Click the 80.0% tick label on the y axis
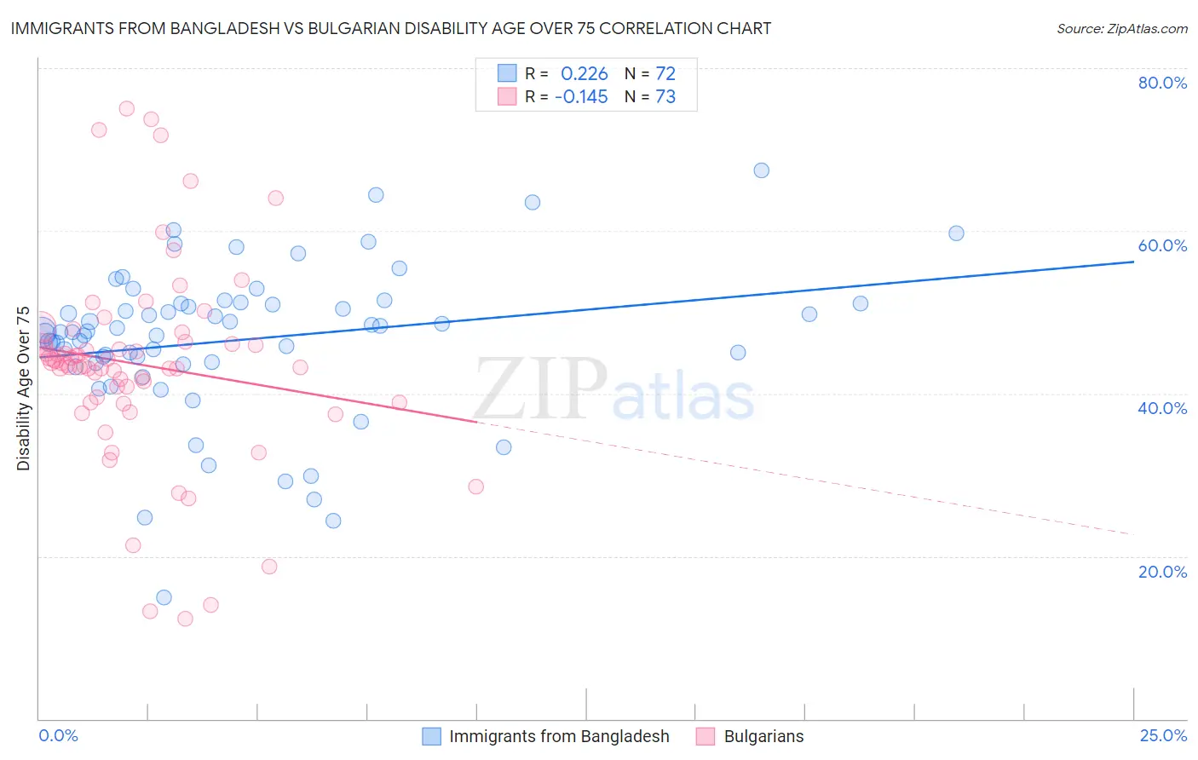pyautogui.click(x=1162, y=83)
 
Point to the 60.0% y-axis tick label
pyautogui.click(x=1162, y=245)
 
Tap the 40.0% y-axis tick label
pyautogui.click(x=1162, y=408)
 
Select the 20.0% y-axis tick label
pyautogui.click(x=1162, y=572)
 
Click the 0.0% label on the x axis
pyautogui.click(x=58, y=736)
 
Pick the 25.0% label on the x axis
pyautogui.click(x=1163, y=736)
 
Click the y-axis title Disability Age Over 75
pyautogui.click(x=23, y=389)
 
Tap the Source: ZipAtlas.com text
pyautogui.click(x=1121, y=29)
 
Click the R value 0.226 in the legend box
pyautogui.click(x=584, y=73)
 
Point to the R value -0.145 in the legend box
pyautogui.click(x=581, y=97)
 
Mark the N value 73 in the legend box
pyautogui.click(x=665, y=97)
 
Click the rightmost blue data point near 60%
pyautogui.click(x=956, y=233)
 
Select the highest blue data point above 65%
pyautogui.click(x=762, y=170)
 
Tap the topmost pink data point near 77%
pyautogui.click(x=127, y=108)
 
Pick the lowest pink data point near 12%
pyautogui.click(x=185, y=619)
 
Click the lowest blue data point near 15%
pyautogui.click(x=164, y=597)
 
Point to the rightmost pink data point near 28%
pyautogui.click(x=476, y=487)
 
